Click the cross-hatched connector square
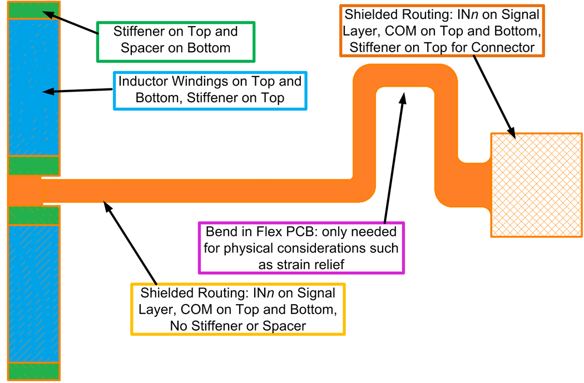coord(536,185)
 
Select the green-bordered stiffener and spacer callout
coord(176,41)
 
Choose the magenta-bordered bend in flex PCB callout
coord(301,247)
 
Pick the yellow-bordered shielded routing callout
coord(237,309)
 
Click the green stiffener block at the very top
coord(33,10)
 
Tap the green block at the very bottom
coord(33,371)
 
